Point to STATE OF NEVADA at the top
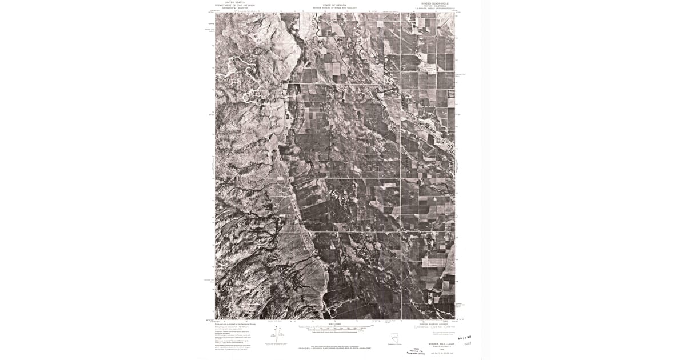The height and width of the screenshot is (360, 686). point(334,5)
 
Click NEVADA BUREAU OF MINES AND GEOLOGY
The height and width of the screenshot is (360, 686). point(334,8)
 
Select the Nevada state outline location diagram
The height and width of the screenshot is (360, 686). point(394,337)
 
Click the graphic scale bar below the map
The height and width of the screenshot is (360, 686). point(334,329)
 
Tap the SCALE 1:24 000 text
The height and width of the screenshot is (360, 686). point(334,324)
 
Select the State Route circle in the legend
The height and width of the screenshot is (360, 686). point(450,327)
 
